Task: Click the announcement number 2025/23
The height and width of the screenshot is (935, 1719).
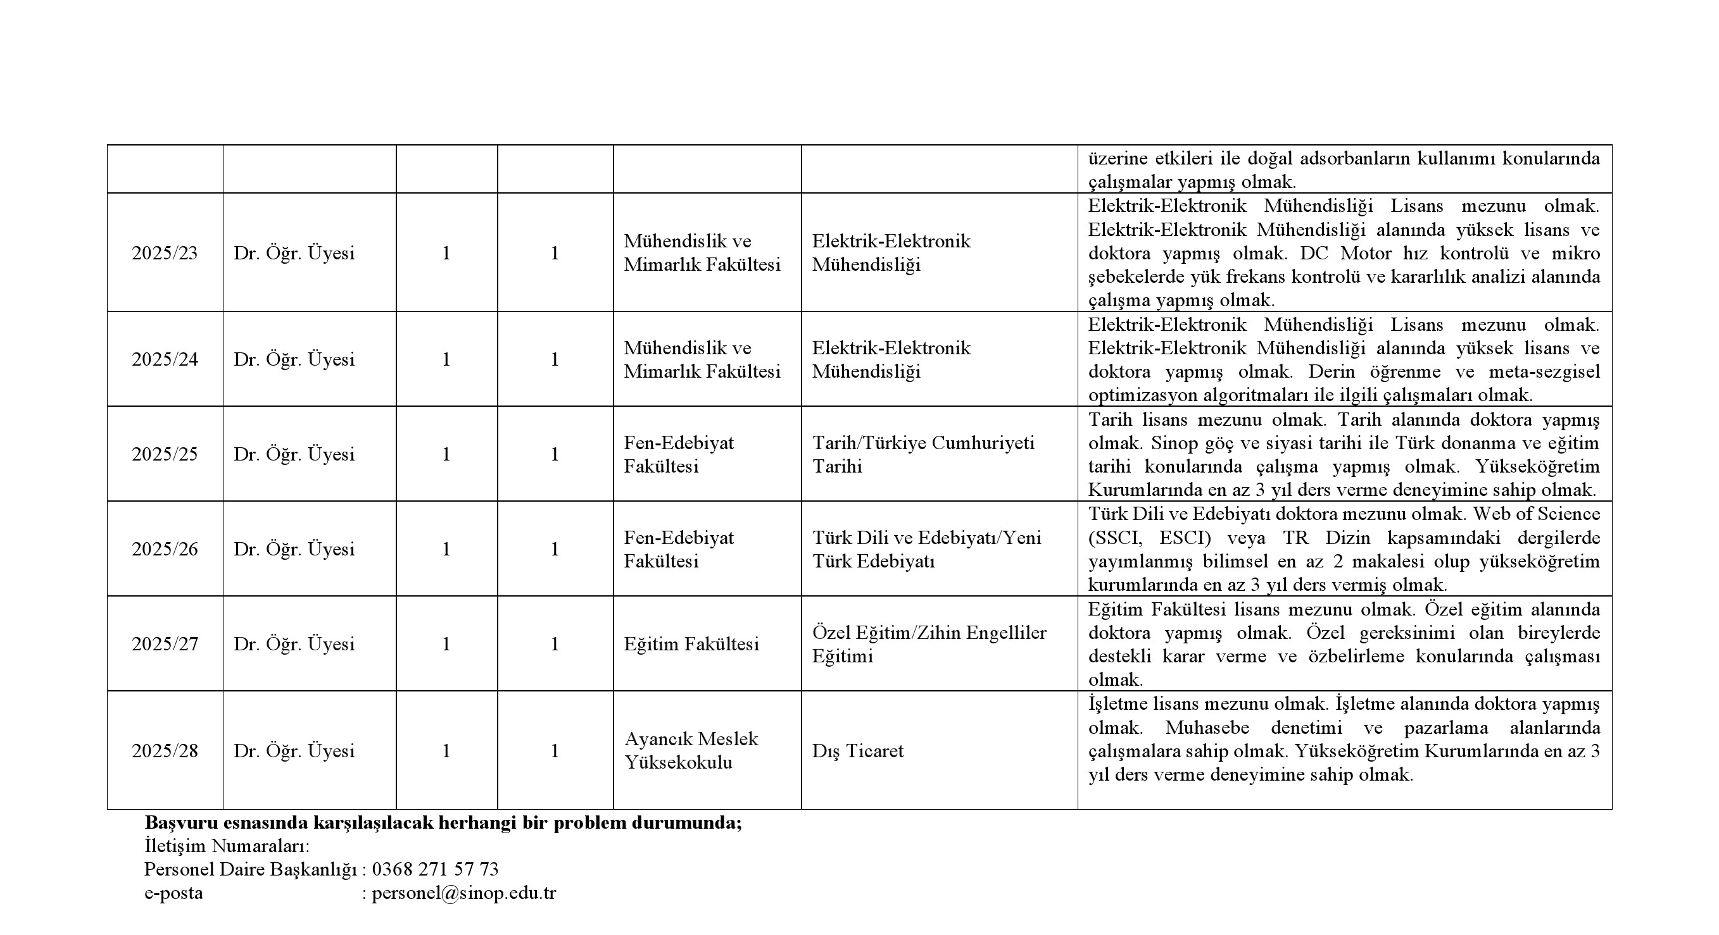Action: [165, 254]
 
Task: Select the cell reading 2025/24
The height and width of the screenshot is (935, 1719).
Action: [165, 359]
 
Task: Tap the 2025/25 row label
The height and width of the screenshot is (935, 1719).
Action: [165, 454]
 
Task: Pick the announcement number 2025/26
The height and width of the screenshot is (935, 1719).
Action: [165, 549]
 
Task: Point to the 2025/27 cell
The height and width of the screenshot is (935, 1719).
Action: [165, 643]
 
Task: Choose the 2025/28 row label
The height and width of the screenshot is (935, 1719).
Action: [165, 751]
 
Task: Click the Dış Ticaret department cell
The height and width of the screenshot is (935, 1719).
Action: [857, 751]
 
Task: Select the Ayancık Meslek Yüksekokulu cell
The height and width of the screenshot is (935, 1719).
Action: [691, 750]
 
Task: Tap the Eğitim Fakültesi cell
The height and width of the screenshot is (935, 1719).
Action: [691, 643]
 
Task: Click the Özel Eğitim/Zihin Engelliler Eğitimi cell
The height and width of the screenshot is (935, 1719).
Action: [929, 643]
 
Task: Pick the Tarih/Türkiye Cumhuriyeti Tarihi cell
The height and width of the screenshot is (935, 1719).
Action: [923, 454]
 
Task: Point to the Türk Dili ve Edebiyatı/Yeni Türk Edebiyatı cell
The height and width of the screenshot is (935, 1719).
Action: [926, 549]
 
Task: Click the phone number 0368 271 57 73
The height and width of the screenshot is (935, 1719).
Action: [435, 869]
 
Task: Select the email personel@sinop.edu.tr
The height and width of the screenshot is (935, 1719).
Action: [464, 893]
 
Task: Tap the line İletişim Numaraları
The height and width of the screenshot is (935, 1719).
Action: [227, 846]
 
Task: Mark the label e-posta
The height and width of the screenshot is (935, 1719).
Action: [173, 893]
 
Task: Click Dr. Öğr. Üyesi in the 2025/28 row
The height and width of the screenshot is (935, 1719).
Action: [294, 751]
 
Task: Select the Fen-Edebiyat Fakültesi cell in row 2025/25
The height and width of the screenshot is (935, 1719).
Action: [679, 454]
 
